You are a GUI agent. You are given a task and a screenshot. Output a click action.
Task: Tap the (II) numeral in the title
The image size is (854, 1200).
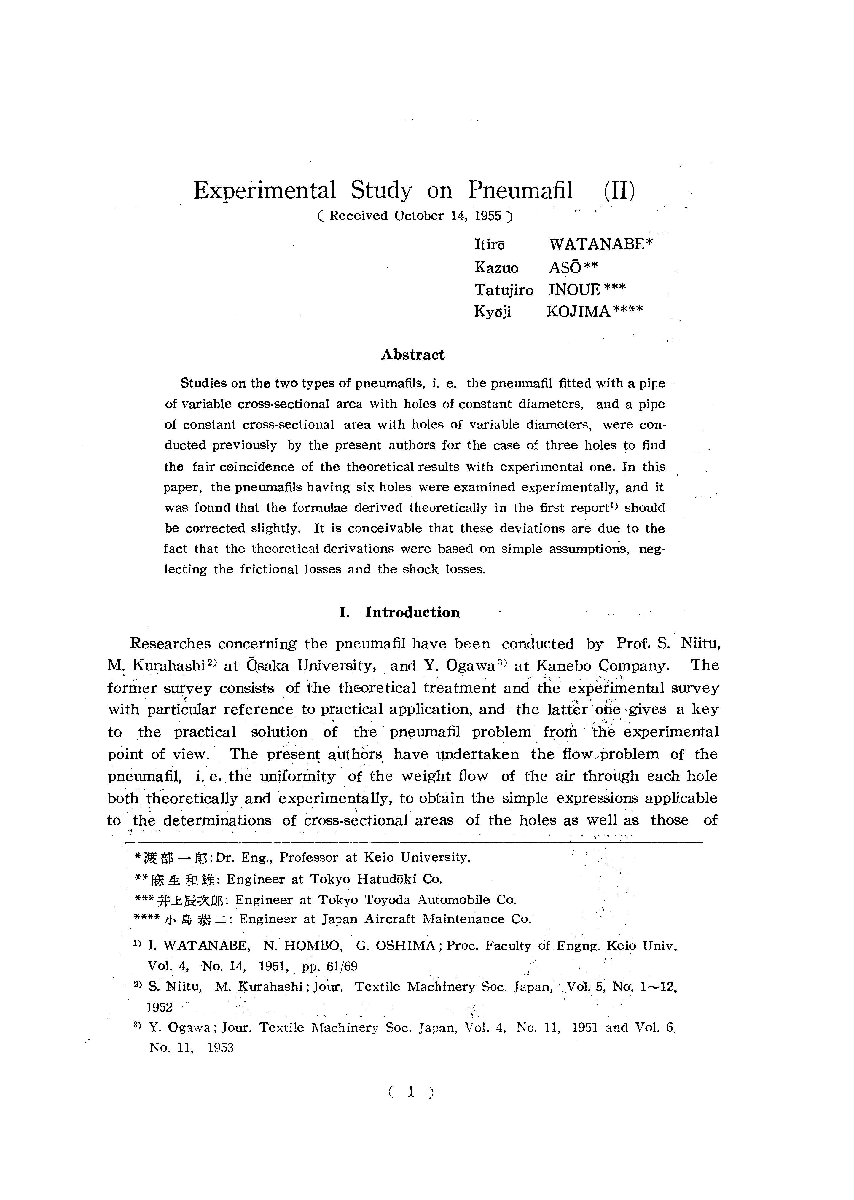619,190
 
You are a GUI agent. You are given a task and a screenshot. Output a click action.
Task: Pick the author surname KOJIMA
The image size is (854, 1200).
579,312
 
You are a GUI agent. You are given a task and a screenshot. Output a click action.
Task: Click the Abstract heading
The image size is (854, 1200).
413,355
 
